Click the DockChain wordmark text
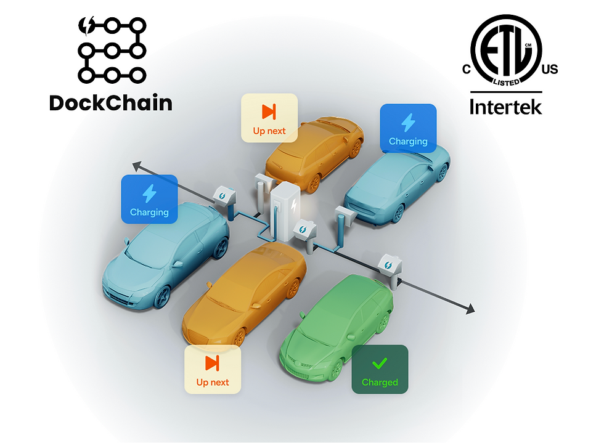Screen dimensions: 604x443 tap(110, 102)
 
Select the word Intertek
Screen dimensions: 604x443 tap(505, 106)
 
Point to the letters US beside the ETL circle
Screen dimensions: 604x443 tap(549, 69)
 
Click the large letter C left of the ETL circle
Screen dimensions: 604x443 tap(467, 69)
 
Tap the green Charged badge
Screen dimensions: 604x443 tap(380, 368)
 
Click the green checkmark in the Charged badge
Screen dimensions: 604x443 tap(380, 363)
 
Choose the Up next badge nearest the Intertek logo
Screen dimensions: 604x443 tap(269, 118)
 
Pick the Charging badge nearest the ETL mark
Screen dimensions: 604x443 tap(408, 128)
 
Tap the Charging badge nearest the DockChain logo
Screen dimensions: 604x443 tap(149, 198)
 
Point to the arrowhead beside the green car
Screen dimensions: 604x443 tap(470, 309)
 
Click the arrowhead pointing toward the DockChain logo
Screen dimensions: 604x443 tap(137, 165)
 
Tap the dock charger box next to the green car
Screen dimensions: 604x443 tap(390, 263)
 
